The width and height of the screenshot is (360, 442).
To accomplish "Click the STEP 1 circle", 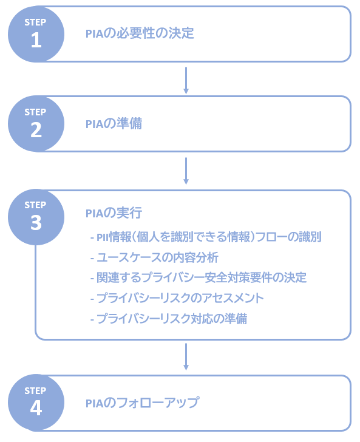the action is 36,34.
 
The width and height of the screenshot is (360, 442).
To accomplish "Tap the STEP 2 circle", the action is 36,124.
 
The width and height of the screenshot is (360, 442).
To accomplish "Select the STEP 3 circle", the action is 36,217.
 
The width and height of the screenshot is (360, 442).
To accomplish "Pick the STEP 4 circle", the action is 36,403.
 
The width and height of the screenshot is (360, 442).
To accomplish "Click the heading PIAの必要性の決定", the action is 140,33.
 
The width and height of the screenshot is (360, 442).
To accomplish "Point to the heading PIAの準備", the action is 114,123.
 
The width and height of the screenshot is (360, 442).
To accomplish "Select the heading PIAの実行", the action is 114,213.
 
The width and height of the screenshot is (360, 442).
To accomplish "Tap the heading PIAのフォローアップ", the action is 143,403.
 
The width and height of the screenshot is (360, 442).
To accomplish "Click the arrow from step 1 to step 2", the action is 186,80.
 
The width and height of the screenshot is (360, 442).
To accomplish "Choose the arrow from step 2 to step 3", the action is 186,171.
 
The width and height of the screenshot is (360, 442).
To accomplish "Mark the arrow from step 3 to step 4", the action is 186,356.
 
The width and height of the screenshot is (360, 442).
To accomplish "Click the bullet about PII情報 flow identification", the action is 206,237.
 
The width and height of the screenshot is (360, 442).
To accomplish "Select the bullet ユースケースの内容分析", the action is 154,257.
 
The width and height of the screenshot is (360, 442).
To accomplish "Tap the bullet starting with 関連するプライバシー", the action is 198,277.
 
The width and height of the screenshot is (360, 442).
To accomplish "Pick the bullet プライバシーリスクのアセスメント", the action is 177,298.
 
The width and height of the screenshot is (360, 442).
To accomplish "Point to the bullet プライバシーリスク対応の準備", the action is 169,319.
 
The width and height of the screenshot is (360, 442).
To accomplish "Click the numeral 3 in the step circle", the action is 36,223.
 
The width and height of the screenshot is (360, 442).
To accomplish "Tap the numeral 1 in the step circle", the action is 36,40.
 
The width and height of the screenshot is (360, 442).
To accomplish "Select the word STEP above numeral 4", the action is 35,391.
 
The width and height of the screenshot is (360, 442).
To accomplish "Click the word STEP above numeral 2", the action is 35,112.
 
